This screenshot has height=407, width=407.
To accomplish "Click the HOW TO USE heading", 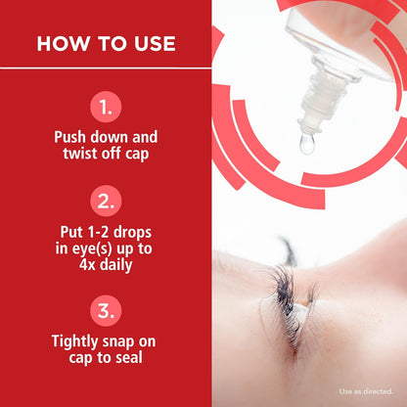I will click(106, 44).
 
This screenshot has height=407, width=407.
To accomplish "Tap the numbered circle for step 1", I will click(106, 105).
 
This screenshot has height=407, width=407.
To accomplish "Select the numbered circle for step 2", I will click(106, 202).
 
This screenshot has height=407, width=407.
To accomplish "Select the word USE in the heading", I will click(153, 44).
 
